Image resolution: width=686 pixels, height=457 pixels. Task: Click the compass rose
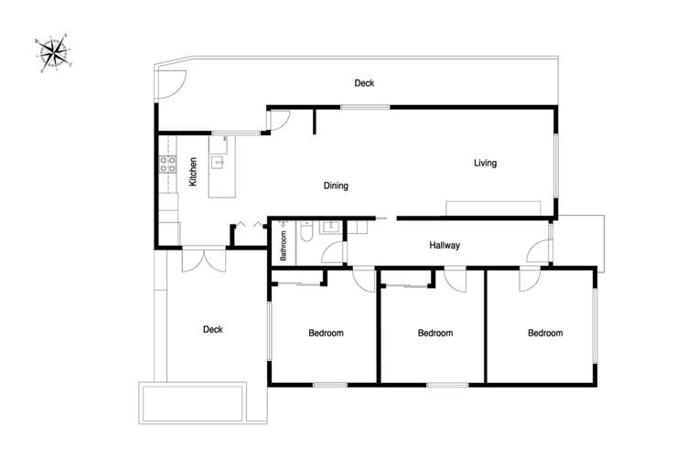[55, 52]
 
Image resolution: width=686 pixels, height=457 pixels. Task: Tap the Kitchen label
[194, 173]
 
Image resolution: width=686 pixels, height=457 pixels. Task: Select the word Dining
[336, 186]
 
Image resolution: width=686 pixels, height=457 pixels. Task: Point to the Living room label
[485, 164]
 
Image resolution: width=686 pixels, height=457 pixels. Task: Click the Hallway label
[445, 245]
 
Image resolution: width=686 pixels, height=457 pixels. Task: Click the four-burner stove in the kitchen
[168, 165]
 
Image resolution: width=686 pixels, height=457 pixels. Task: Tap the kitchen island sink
[219, 163]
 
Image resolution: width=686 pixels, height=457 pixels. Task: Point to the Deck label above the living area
[364, 83]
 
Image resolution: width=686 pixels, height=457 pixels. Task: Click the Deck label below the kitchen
[212, 330]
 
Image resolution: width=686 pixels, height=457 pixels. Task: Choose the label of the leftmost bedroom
[325, 334]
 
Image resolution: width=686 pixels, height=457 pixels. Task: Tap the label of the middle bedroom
[434, 334]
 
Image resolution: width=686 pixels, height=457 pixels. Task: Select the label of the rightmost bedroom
[545, 334]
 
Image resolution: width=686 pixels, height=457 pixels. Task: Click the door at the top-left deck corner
[167, 85]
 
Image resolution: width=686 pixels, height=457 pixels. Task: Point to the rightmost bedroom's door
[529, 280]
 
